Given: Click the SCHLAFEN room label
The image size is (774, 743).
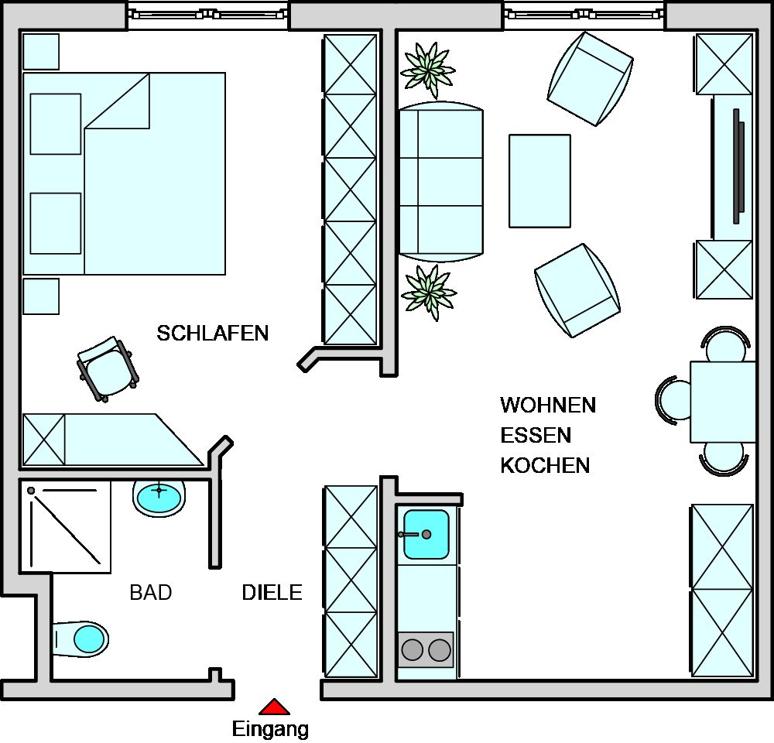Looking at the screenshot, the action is point(213,334).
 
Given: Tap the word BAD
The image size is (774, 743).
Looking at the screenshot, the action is point(151,592).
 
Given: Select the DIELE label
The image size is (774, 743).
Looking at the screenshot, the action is point(272,592).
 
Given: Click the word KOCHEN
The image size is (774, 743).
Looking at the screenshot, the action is point(546,466).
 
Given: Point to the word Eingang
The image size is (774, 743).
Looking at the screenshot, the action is point(270,729).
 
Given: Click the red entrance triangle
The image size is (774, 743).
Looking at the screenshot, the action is point(275,707).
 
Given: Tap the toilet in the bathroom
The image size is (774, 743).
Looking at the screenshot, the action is point(80,639).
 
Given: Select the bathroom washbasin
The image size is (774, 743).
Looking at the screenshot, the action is point(159,498).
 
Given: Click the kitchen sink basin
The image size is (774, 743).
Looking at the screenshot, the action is point(426,535).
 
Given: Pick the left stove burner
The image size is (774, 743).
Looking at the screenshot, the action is point(413,650).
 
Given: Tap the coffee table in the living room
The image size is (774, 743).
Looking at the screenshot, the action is point(540,181).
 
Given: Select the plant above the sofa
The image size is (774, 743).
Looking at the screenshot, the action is point(428,69).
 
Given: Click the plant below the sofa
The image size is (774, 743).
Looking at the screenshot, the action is point(429,293).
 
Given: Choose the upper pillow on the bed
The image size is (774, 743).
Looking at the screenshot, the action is point(56,124).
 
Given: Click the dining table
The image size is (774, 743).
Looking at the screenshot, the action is point(723,402).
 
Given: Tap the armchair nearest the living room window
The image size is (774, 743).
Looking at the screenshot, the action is point(591,79).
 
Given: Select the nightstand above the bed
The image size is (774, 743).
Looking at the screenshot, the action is point(41,52).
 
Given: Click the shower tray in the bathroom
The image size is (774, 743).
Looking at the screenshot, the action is point(65,527).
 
